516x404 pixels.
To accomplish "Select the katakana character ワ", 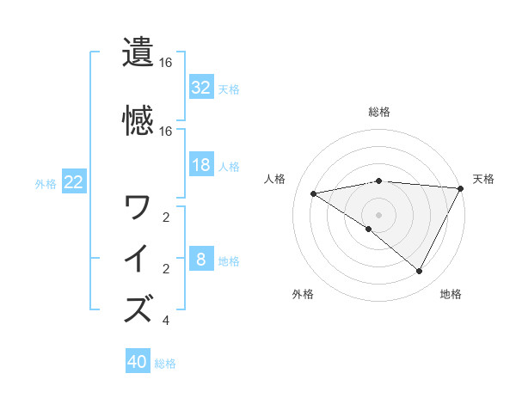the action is (x=138, y=207).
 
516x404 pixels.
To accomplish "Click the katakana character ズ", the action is (x=138, y=309).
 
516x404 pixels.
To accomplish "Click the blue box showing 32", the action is (x=200, y=88).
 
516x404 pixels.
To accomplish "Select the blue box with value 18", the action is (x=200, y=165).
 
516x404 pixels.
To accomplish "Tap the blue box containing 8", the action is (x=200, y=260).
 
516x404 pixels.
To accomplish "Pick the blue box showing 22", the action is (x=73, y=182).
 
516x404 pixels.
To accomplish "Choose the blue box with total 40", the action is (x=138, y=363).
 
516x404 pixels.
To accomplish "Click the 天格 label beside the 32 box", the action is (x=228, y=89).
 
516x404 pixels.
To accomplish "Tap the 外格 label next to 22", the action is (x=46, y=183).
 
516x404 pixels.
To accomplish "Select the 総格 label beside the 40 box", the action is (x=165, y=364).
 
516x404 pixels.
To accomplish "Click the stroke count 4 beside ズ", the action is (x=165, y=321).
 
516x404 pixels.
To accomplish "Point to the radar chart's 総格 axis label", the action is (x=378, y=112).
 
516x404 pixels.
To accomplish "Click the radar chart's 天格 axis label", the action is (x=483, y=179).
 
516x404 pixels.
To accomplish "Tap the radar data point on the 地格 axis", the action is (x=420, y=272).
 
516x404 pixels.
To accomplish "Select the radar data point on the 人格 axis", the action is (x=314, y=193).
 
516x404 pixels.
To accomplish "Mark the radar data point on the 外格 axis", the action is (x=369, y=229).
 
